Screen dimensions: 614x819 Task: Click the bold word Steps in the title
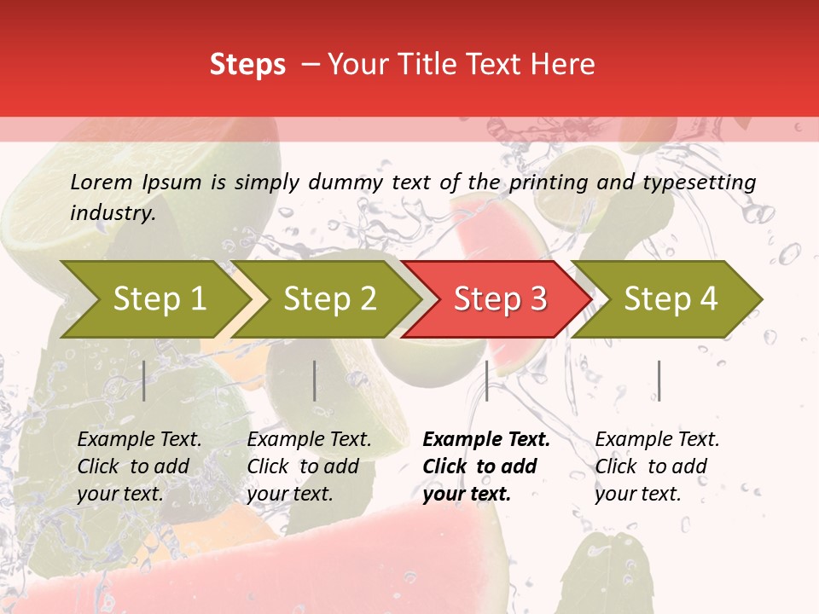(247, 65)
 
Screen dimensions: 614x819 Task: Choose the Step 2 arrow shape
(328, 298)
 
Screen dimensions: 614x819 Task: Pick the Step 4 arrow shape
(669, 298)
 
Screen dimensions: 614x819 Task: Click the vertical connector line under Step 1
(144, 380)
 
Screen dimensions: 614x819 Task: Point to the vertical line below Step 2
(315, 380)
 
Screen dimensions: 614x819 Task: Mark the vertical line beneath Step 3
(486, 380)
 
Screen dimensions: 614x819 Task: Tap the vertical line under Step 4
(659, 380)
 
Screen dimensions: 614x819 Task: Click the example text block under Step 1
(139, 466)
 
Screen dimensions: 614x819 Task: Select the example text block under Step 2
(309, 466)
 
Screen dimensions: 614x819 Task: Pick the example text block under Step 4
(657, 466)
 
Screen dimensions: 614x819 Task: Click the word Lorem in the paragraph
(102, 182)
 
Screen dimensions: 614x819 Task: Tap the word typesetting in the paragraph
(699, 182)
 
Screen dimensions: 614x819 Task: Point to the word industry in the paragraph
(112, 212)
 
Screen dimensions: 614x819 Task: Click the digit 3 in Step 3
(537, 298)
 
